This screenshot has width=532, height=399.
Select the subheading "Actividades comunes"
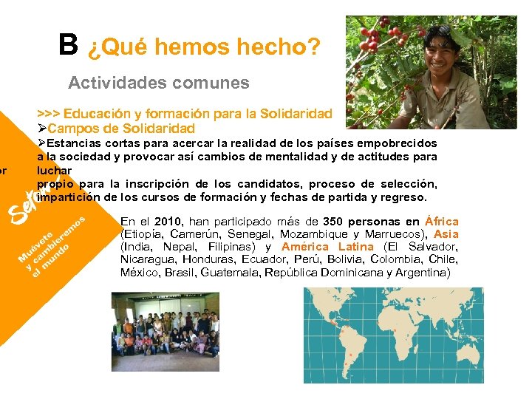tap(159, 83)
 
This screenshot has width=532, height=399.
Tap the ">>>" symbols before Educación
tap(49, 114)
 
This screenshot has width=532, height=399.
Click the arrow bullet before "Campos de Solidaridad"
tap(42, 129)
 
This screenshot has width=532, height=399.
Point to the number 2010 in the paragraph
tap(168, 221)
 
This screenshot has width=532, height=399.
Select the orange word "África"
tap(442, 221)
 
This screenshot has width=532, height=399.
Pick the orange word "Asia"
tap(446, 234)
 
